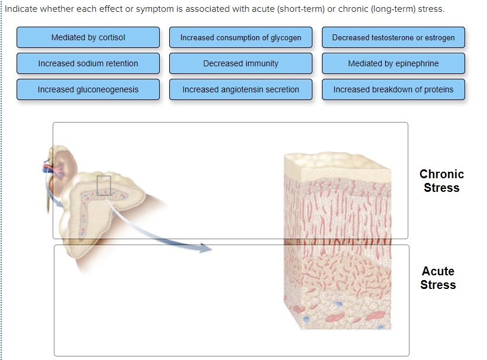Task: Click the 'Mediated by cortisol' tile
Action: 88,37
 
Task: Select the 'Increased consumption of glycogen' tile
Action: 241,37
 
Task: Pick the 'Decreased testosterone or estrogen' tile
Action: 394,37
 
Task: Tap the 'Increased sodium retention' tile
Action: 88,63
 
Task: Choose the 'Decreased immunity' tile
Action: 241,63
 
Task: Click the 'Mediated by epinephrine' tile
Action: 394,63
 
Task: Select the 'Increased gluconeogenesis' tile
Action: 88,89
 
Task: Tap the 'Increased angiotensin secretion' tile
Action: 241,89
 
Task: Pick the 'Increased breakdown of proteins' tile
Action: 394,89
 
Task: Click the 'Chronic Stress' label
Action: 441,181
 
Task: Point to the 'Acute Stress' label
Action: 438,278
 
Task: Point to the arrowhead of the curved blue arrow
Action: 207,249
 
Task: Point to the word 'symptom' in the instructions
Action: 138,9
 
